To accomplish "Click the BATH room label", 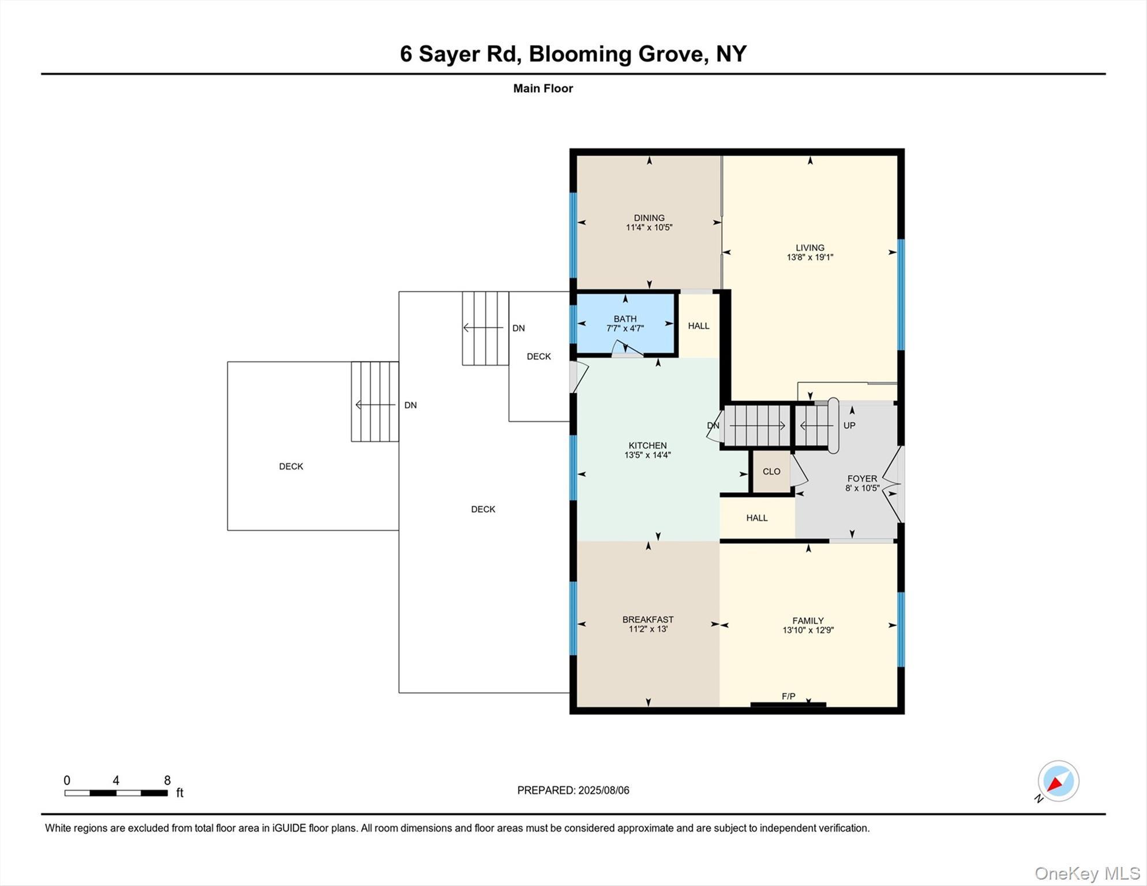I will pyautogui.click(x=625, y=319).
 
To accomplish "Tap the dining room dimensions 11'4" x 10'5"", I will pyautogui.click(x=649, y=227).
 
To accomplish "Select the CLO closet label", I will pyautogui.click(x=771, y=471).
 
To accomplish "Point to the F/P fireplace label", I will pyautogui.click(x=788, y=696).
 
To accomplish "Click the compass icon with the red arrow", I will pyautogui.click(x=1058, y=781).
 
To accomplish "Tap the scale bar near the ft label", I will pyautogui.click(x=116, y=793).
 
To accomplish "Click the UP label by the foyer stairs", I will pyautogui.click(x=849, y=426).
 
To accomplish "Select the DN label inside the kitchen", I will pyautogui.click(x=713, y=426).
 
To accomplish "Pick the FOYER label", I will pyautogui.click(x=862, y=479).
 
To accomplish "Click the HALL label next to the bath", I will pyautogui.click(x=698, y=326).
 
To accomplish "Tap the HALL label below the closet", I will pyautogui.click(x=756, y=518).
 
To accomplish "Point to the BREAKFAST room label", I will pyautogui.click(x=648, y=620).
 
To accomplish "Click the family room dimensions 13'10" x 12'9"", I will pyautogui.click(x=808, y=630).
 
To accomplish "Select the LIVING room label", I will pyautogui.click(x=809, y=248).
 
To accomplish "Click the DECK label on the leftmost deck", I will pyautogui.click(x=291, y=467).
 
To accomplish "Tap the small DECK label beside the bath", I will pyautogui.click(x=538, y=356).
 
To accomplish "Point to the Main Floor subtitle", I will pyautogui.click(x=543, y=89).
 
